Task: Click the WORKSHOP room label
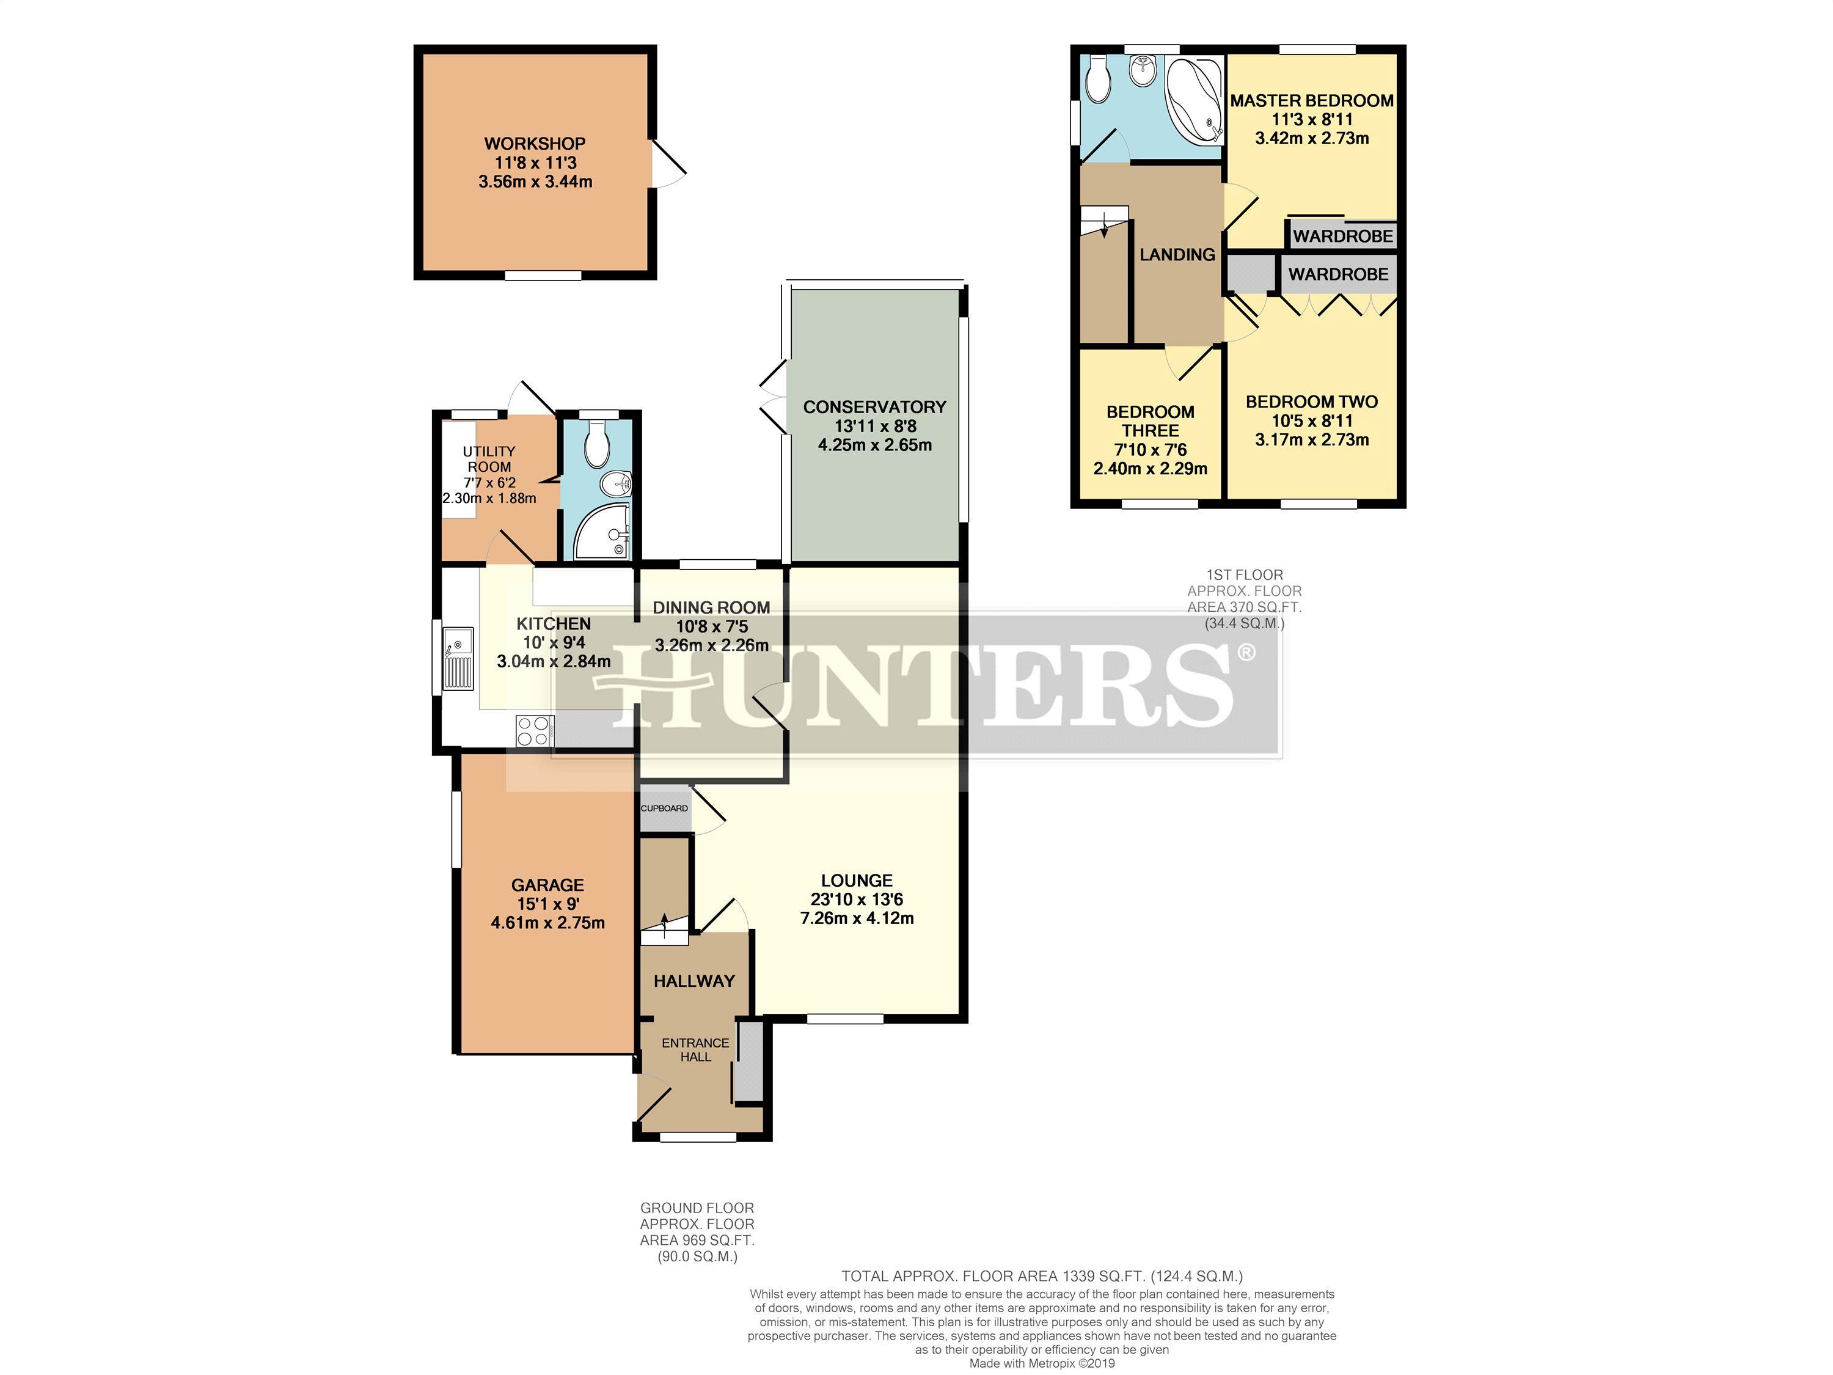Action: tap(535, 144)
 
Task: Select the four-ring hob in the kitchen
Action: tap(533, 730)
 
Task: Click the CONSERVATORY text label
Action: tap(874, 407)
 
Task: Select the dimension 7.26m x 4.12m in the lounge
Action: tap(857, 919)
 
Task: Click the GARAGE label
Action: tap(547, 885)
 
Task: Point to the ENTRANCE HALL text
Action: tap(695, 1049)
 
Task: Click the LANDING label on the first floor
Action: tap(1177, 254)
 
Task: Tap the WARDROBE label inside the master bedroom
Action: tap(1342, 237)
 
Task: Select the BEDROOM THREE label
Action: tap(1150, 421)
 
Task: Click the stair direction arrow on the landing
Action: tap(1104, 230)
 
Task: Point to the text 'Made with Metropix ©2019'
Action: tap(1042, 1363)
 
